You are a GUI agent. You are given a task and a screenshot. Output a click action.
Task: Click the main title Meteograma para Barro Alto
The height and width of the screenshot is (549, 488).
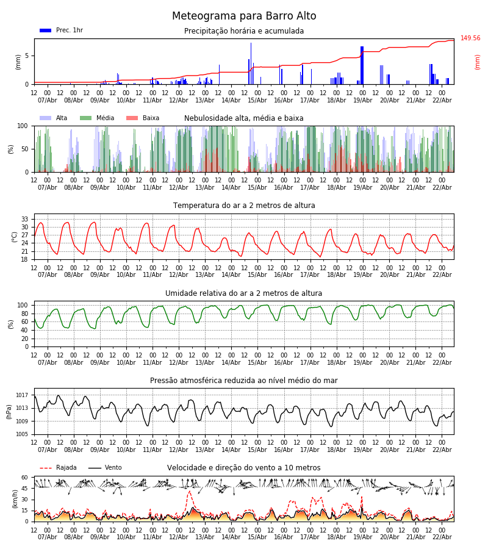(244, 16)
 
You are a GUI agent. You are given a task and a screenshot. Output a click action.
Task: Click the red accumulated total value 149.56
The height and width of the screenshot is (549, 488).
(470, 38)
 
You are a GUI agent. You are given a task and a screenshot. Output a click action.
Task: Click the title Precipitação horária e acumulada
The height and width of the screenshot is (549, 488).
(244, 31)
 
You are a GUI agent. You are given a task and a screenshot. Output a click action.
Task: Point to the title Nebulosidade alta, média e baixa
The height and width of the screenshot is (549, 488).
(244, 118)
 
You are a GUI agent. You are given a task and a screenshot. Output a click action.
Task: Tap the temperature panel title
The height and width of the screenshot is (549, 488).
(244, 206)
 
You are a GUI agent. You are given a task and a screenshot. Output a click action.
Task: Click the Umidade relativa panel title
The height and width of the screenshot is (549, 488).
(244, 293)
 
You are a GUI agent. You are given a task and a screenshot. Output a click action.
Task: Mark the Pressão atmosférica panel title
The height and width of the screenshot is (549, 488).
(244, 381)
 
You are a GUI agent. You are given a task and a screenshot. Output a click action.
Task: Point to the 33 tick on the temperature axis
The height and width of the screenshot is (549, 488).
(25, 219)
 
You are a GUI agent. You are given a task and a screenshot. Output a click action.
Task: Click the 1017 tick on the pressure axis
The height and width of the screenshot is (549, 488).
(23, 395)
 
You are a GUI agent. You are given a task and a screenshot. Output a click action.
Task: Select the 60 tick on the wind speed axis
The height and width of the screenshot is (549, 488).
(25, 478)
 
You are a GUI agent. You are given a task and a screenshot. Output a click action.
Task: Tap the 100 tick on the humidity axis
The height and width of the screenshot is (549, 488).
(23, 305)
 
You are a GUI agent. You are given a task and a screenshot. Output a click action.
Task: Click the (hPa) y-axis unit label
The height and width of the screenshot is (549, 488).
(9, 411)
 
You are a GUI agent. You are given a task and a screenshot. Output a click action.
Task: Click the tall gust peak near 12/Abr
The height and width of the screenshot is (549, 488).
(189, 492)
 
